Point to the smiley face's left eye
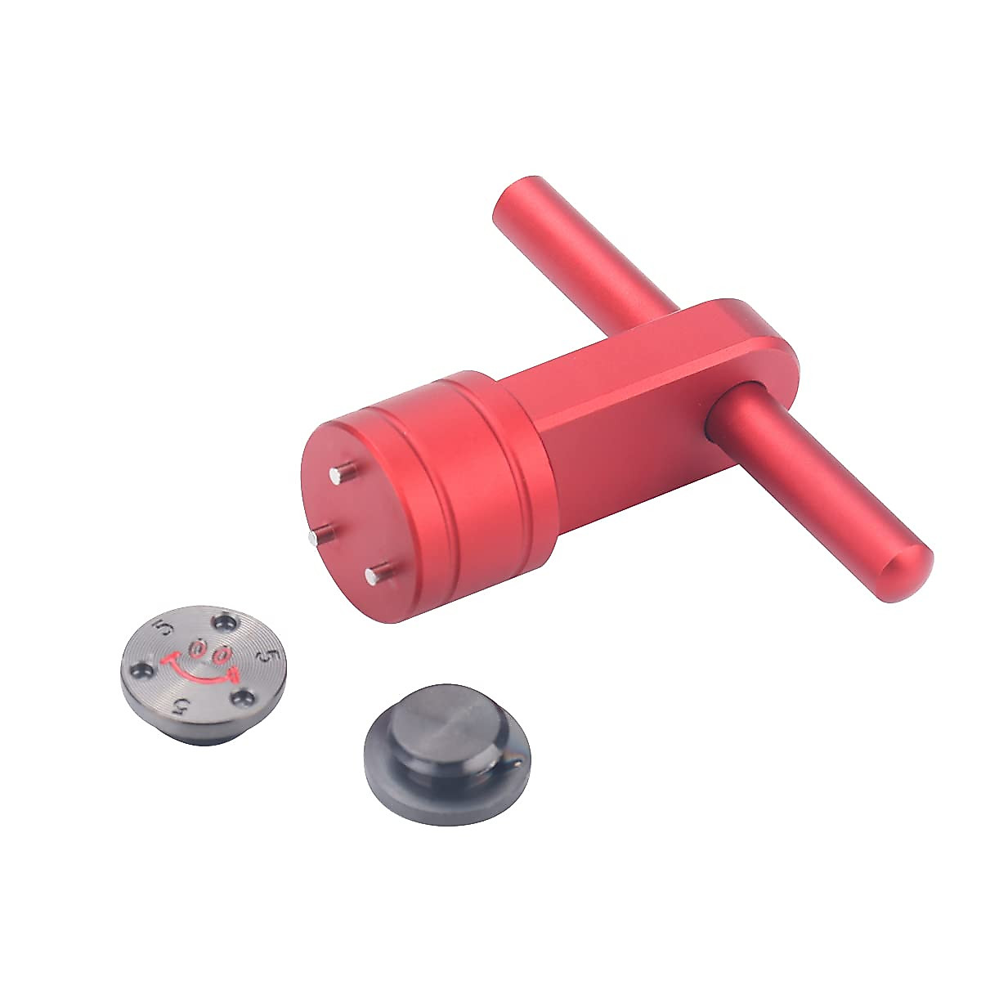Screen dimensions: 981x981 tap(196, 648)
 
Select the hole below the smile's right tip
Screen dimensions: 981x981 tap(243, 697)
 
